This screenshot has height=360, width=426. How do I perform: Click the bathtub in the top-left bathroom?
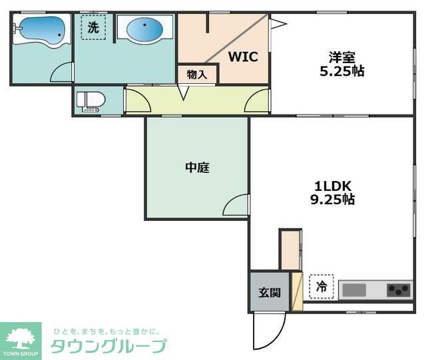41,30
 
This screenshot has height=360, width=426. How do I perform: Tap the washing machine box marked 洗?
93,28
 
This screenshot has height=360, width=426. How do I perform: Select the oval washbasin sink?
143,29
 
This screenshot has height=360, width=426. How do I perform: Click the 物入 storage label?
197,74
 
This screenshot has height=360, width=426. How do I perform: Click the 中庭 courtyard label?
197,168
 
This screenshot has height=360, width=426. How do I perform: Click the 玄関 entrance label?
269,291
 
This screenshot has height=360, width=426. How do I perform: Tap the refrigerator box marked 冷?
321,288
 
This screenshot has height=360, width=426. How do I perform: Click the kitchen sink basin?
354,291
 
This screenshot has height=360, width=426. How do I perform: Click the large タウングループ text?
108,346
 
